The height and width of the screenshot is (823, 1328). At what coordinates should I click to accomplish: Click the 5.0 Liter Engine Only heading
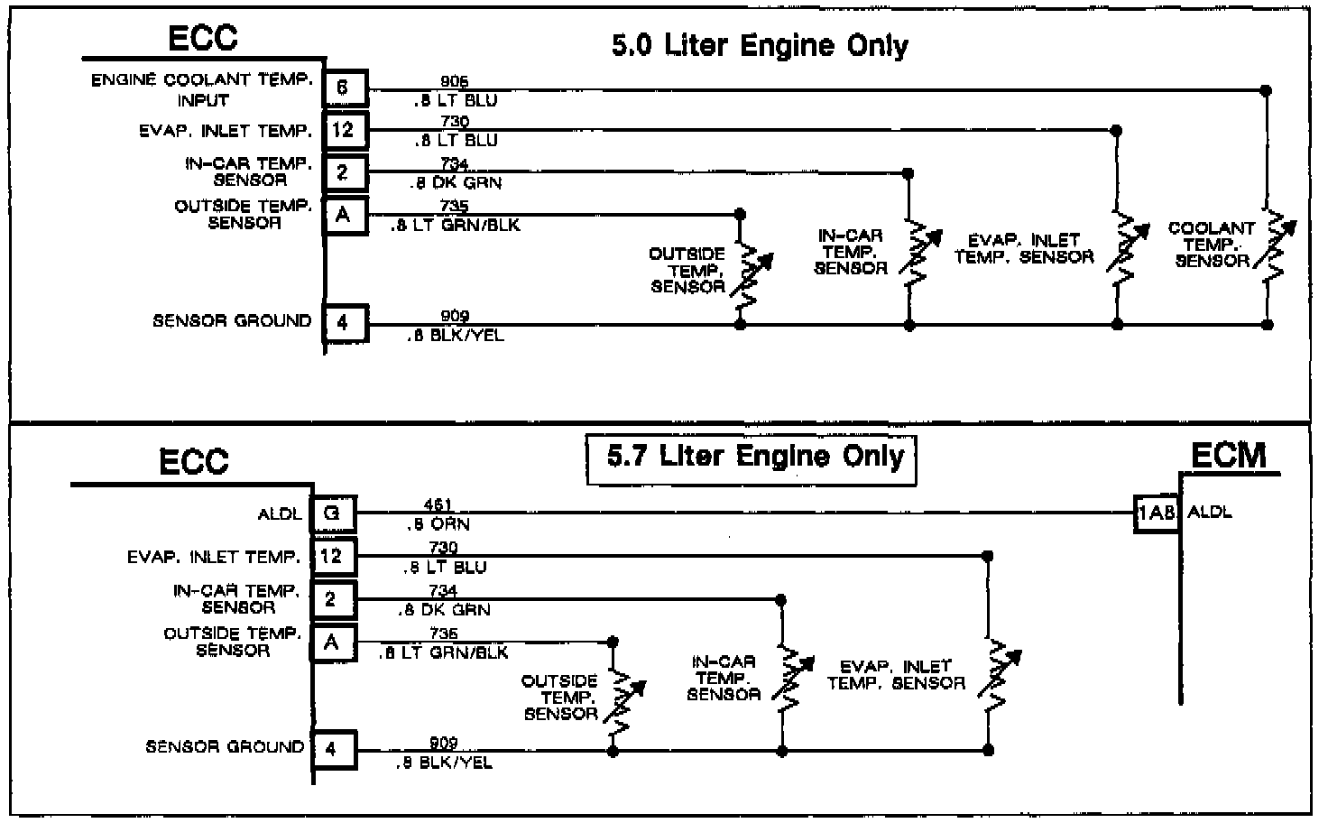coord(760,45)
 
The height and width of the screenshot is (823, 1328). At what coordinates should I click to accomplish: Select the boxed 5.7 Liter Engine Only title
coord(754,457)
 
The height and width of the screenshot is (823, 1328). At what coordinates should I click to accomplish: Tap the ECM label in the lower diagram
coord(1228,455)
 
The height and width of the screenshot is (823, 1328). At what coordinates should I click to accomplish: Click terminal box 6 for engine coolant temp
coord(345,88)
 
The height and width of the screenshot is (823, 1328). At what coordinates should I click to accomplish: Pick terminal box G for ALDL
coord(333,513)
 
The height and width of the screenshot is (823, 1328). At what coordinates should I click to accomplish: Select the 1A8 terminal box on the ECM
coord(1157,513)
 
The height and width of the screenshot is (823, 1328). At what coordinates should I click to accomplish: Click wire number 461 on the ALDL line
coord(438,505)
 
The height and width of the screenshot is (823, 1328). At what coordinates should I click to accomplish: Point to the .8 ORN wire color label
coord(438,524)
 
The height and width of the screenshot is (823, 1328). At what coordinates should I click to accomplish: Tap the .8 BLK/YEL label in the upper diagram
coord(456,336)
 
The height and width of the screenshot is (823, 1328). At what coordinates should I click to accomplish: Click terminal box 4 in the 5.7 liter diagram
coord(333,749)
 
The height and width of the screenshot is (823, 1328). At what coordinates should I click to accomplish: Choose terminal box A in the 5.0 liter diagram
coord(345,216)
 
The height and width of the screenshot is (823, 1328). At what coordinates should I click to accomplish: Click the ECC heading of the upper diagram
coord(203,38)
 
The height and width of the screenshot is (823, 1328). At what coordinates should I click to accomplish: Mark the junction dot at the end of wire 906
coord(1266,90)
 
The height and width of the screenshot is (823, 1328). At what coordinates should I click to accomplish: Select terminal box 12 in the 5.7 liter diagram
coord(333,556)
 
